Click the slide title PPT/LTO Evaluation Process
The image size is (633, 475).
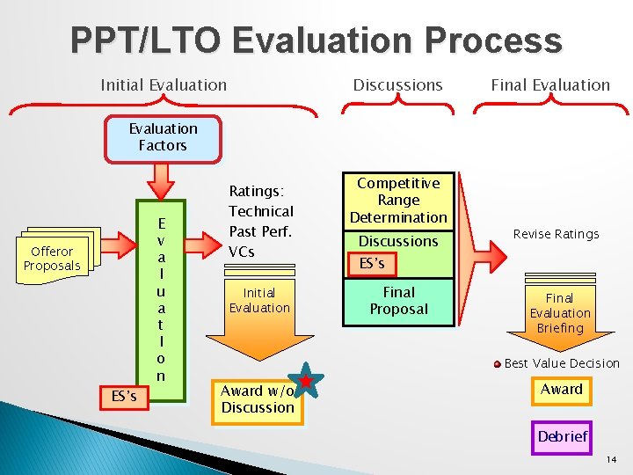coord(316,40)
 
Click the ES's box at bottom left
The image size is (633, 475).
coord(124,397)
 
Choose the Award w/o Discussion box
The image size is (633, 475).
coord(257,400)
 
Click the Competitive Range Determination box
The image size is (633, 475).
coord(398,200)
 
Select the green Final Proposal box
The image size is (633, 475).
coord(398,301)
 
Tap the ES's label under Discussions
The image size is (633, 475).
coord(372,263)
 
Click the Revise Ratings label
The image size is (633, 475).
coord(556,234)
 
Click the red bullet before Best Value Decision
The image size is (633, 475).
coord(497,363)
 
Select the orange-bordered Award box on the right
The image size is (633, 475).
coord(562,390)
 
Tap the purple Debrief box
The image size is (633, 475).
coord(563,436)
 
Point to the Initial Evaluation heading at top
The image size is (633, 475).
coord(164,85)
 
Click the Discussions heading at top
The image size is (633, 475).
coord(397,85)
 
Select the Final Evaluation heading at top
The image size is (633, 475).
coord(550,85)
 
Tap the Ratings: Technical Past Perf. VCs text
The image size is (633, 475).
coord(261,221)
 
